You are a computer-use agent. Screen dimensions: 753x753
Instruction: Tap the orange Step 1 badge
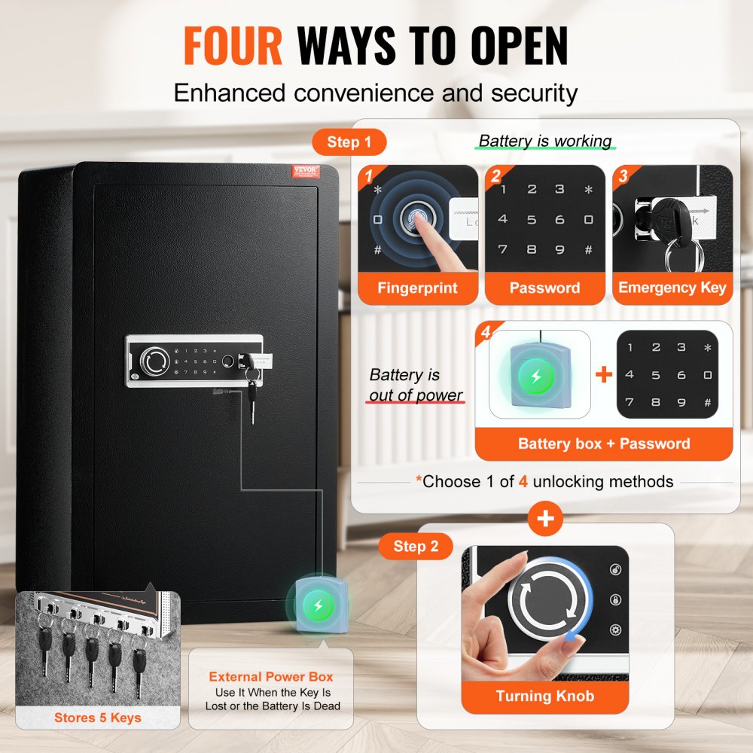[349, 142]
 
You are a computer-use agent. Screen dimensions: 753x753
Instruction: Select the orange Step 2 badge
[415, 546]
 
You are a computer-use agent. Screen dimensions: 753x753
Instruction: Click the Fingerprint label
[418, 288]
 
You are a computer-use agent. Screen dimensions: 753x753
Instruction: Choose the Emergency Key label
[672, 288]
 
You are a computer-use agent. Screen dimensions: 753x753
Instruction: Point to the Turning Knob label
[544, 697]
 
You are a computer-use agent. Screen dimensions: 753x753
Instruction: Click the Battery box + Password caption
[603, 444]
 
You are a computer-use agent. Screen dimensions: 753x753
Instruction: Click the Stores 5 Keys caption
[97, 718]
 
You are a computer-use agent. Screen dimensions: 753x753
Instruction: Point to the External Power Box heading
[271, 677]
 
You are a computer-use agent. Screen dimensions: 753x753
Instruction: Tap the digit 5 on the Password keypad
[532, 220]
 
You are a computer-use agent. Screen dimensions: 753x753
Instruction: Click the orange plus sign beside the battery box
[604, 373]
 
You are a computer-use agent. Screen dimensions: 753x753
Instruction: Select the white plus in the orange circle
[546, 519]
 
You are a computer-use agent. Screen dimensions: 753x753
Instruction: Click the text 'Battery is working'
[545, 141]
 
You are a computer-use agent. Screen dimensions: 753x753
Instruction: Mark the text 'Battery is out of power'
[416, 385]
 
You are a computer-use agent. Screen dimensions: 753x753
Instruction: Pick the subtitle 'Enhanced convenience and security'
[376, 93]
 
